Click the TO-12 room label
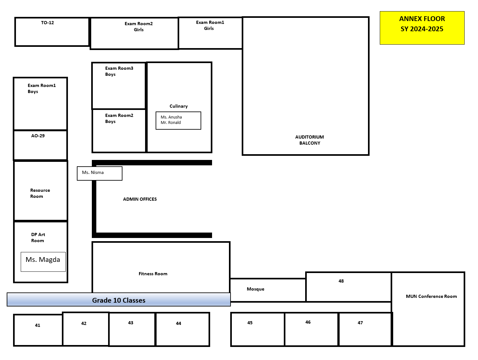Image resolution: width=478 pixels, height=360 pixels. pos(47,23)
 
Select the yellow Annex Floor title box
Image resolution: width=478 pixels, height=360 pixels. pos(422,28)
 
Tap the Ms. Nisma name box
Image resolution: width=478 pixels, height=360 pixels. pos(99,173)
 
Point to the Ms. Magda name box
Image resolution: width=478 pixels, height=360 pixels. pos(43,262)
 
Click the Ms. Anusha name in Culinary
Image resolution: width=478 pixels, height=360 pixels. pos(171,117)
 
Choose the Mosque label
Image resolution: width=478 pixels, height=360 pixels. pos(255,289)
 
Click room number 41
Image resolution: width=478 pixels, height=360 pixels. pos(37,325)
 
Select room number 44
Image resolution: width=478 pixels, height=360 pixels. pos(178,323)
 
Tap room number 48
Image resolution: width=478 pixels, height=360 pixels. pos(341,281)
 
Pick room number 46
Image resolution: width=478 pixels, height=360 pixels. pos(308,322)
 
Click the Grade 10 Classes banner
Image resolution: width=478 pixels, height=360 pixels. pos(119,299)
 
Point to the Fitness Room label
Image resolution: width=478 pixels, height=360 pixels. pos(153,274)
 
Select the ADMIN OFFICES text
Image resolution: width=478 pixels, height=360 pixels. pos(140,199)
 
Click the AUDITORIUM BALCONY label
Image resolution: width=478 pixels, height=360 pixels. pos(309,140)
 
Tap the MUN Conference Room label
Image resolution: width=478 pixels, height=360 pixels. pos(431,296)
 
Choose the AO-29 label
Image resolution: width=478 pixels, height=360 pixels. pos(38,136)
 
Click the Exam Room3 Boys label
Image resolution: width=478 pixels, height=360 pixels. pos(119,71)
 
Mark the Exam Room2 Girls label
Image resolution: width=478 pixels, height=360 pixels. pos(138,26)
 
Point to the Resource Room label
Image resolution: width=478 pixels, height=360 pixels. pos(40,193)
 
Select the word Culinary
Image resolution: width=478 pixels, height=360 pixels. pos(179,106)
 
